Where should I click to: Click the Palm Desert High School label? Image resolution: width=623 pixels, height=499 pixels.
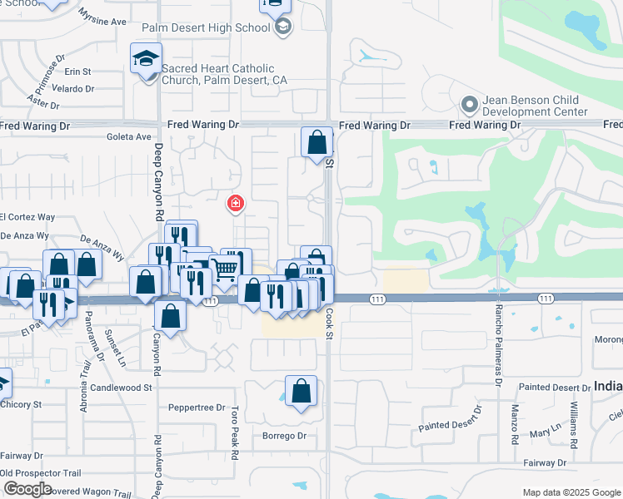[206, 27]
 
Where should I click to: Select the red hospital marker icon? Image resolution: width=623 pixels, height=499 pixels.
[236, 202]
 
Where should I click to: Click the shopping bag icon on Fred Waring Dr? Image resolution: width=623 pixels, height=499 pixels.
[316, 142]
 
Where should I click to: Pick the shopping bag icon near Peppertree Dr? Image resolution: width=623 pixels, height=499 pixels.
[301, 391]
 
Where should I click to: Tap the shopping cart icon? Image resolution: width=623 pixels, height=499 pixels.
[224, 268]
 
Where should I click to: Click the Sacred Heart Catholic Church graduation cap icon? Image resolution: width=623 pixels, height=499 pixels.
[146, 59]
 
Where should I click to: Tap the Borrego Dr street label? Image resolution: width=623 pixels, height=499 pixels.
[284, 436]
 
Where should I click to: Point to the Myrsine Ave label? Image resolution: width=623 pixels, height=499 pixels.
[102, 17]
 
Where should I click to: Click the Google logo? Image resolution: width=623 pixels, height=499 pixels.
[27, 489]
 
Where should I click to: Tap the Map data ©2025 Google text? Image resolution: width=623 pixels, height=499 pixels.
[570, 492]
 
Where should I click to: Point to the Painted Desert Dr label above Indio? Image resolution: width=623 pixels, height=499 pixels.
[555, 388]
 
